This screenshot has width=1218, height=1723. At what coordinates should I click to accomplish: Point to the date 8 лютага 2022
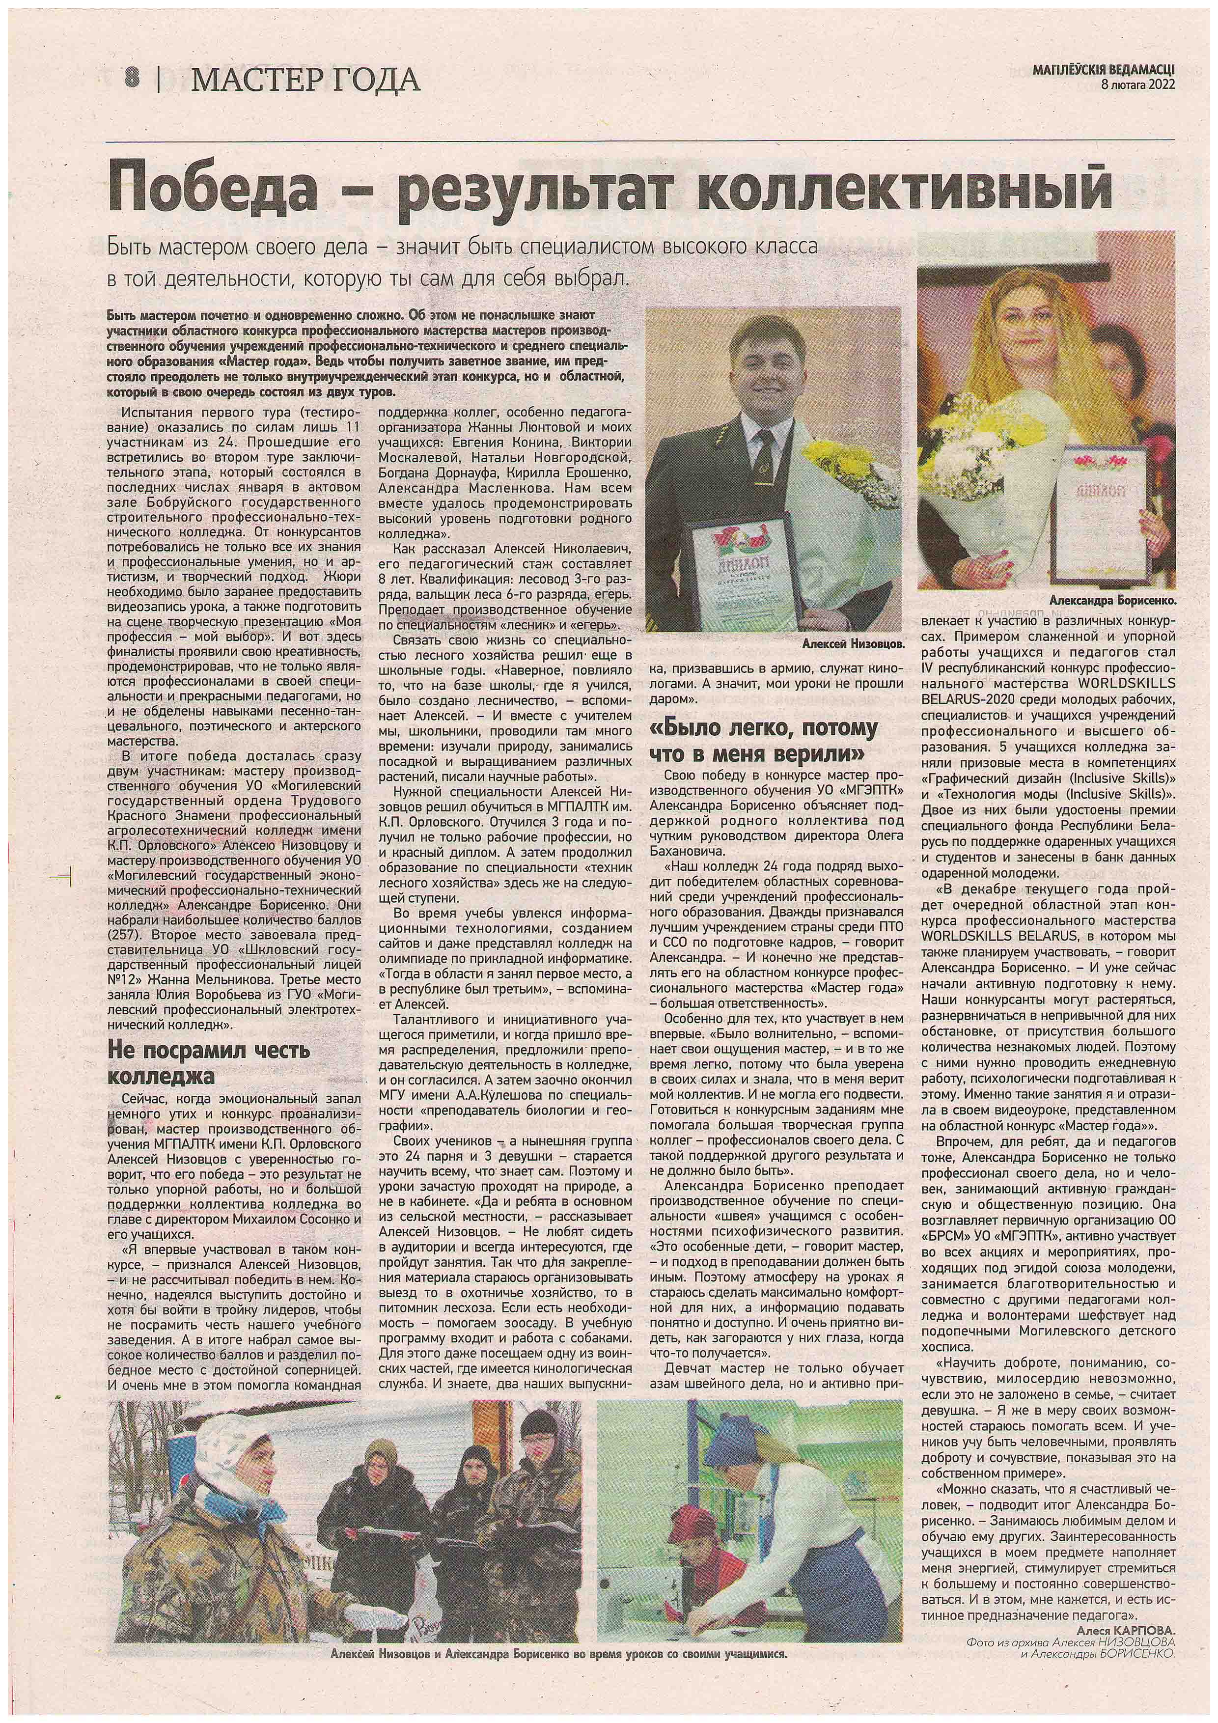coord(1137,85)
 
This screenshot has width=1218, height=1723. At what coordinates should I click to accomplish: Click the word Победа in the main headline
coord(212,188)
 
